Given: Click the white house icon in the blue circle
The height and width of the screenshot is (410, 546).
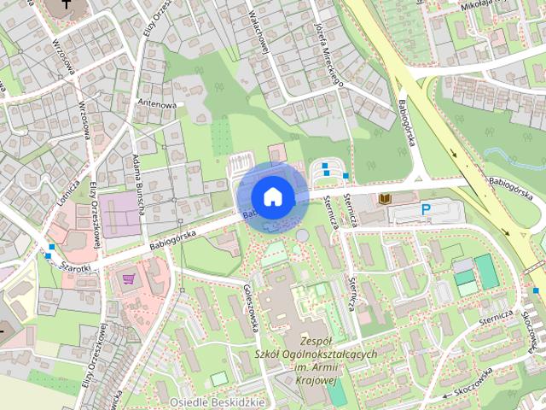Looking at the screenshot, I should click(272, 196).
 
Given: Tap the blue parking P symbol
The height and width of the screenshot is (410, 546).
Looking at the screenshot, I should click(425, 209).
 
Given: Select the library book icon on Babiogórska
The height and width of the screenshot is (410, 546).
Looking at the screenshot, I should click(385, 198).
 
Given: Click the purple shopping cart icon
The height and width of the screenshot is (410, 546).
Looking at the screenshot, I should click(130, 278).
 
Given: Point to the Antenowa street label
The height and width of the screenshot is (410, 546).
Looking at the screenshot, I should click(159, 105).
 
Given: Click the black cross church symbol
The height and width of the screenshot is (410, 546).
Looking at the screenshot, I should click(67, 6).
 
